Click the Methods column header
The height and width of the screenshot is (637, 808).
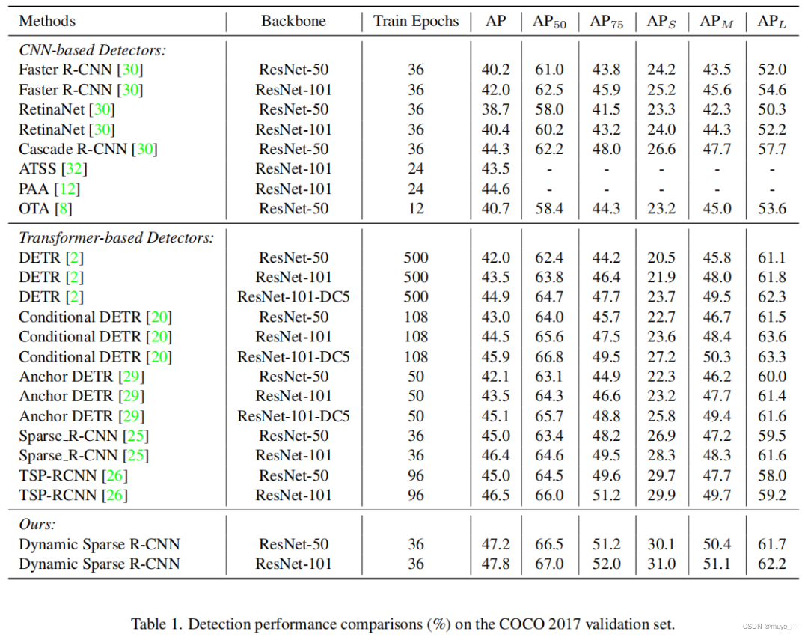[x=47, y=21]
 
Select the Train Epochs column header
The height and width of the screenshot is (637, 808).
[x=416, y=21]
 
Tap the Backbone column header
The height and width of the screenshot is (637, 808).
[x=293, y=21]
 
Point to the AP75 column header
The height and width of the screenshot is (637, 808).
[x=605, y=22]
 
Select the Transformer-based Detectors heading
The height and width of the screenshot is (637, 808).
[x=117, y=238]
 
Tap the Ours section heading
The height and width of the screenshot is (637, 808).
[x=37, y=525]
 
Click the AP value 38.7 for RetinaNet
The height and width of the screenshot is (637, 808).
[x=495, y=109]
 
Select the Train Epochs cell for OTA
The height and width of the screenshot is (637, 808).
[x=416, y=208]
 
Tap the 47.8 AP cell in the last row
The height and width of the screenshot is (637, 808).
[x=495, y=564]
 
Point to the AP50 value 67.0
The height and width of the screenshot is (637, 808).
[x=549, y=564]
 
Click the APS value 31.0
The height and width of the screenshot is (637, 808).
[x=661, y=564]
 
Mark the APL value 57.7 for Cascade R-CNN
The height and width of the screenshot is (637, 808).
[x=772, y=149]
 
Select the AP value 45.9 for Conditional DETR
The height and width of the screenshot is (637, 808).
[x=495, y=356]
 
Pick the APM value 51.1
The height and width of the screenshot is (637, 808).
[x=716, y=564]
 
